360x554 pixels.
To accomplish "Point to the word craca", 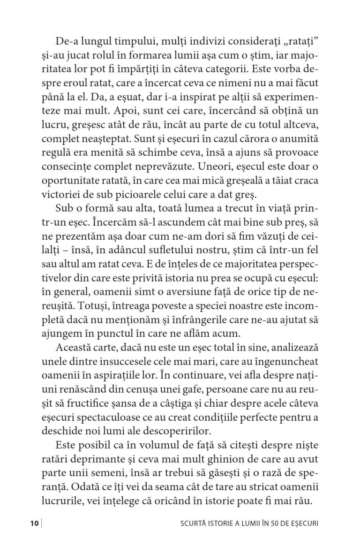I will (305, 181).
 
